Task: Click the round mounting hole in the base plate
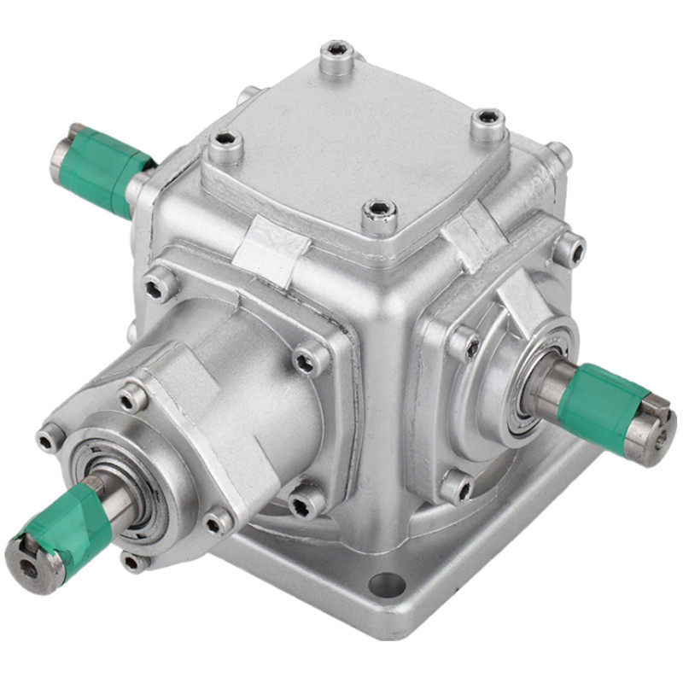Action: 386,585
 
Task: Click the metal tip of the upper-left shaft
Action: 62,151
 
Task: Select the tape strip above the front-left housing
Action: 271,248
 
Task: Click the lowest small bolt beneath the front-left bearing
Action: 134,561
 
